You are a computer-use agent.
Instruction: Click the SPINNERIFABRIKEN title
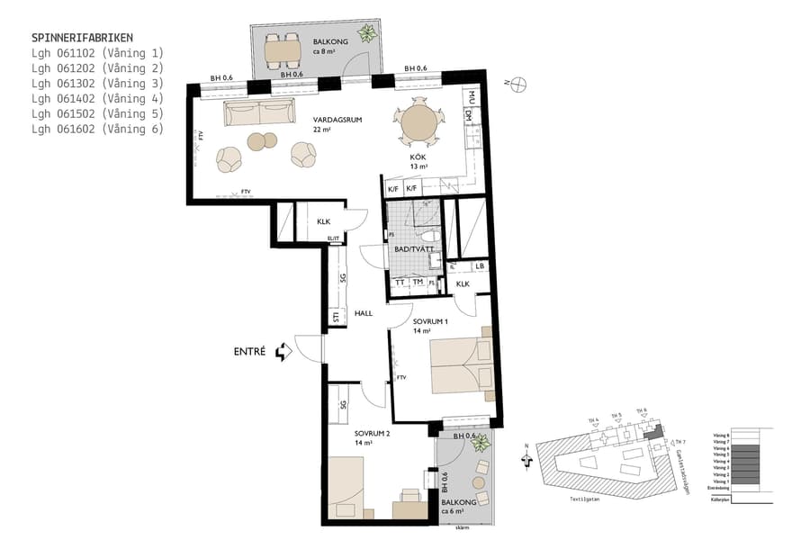click(x=82, y=38)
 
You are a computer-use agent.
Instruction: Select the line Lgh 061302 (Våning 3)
click(x=97, y=84)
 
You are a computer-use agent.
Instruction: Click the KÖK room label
click(x=418, y=157)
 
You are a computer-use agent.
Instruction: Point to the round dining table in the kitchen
click(x=419, y=124)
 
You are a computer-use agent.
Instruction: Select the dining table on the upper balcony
click(x=282, y=53)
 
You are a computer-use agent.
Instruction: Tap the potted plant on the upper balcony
click(x=366, y=35)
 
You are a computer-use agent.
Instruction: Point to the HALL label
click(x=364, y=313)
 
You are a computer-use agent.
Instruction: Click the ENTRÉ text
click(x=249, y=352)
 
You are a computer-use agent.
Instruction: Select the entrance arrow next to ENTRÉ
click(x=284, y=352)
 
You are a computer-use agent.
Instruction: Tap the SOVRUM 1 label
click(x=430, y=321)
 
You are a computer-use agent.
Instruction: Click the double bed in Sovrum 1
click(x=461, y=365)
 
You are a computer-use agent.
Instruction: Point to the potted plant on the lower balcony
click(x=481, y=443)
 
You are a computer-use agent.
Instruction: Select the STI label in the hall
click(x=336, y=318)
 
